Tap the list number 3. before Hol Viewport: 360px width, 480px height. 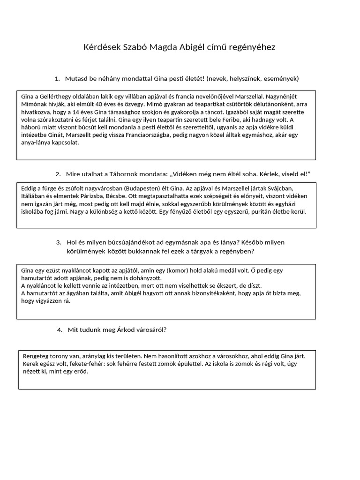(x=59, y=242)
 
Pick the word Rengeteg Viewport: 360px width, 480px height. (x=36, y=356)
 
